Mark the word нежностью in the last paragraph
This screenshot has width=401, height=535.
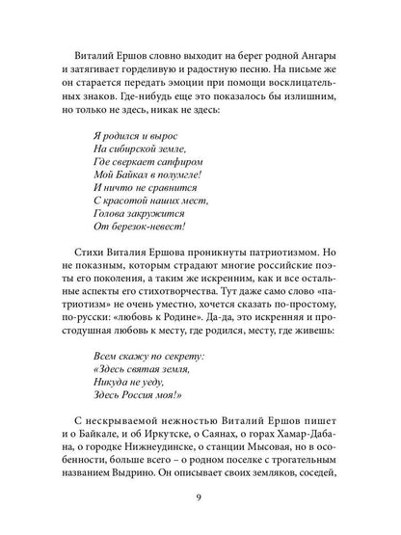pos(185,423)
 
